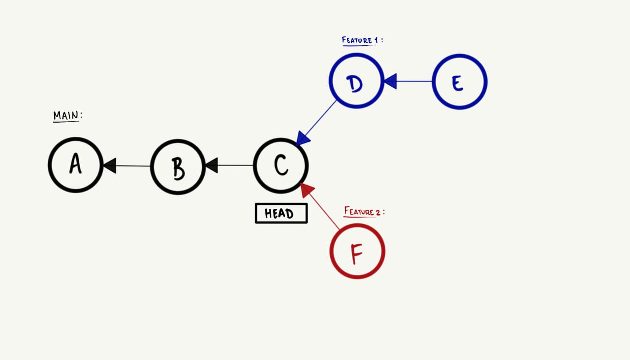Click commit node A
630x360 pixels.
(x=75, y=165)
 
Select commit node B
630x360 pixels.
(x=178, y=167)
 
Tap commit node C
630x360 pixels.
(x=281, y=165)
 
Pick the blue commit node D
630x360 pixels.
(x=356, y=81)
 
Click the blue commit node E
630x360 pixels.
(x=459, y=82)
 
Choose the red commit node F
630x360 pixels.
(x=357, y=251)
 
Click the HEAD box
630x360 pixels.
(x=281, y=213)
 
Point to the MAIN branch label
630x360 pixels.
(x=67, y=116)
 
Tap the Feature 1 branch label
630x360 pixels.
(x=361, y=40)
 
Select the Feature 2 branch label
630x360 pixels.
(x=363, y=212)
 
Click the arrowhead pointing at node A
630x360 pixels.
(x=109, y=165)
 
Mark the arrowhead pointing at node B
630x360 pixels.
(x=211, y=165)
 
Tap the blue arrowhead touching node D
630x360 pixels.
(x=390, y=81)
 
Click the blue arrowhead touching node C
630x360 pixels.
(x=303, y=138)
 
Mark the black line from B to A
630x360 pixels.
(x=133, y=166)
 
